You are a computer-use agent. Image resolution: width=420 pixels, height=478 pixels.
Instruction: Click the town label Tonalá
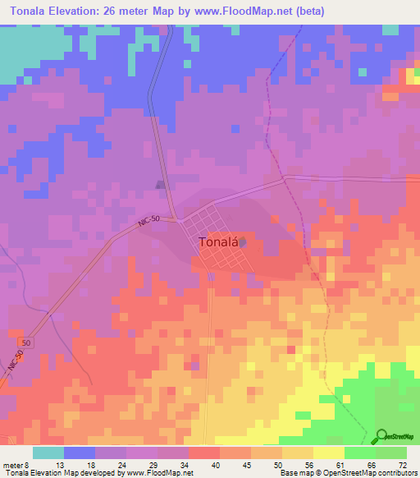click(218, 242)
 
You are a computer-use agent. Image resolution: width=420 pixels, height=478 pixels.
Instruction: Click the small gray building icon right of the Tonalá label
click(242, 241)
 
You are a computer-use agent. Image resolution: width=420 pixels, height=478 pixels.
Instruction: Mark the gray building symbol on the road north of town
click(161, 185)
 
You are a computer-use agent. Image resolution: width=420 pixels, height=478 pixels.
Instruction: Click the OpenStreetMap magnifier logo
click(382, 436)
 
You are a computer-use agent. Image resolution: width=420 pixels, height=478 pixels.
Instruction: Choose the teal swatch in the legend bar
click(48, 453)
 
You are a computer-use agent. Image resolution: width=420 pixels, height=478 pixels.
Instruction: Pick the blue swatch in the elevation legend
click(80, 453)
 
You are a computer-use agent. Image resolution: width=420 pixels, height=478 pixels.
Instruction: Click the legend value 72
click(403, 465)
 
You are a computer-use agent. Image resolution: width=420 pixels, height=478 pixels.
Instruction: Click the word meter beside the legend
click(14, 465)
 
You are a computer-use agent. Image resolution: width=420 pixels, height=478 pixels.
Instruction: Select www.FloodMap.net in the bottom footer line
click(159, 473)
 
